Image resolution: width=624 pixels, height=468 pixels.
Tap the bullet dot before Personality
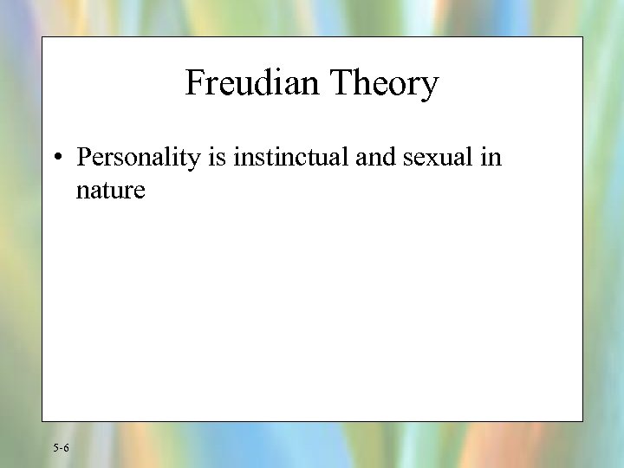click(x=55, y=158)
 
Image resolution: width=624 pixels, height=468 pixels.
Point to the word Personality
click(x=138, y=158)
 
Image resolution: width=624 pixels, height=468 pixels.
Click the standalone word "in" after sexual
click(x=491, y=158)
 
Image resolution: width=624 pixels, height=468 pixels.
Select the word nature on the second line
click(x=110, y=190)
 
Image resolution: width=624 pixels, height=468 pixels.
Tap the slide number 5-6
click(x=61, y=448)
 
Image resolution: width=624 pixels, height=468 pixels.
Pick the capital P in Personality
click(x=83, y=158)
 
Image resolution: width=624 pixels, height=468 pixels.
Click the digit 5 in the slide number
click(x=55, y=448)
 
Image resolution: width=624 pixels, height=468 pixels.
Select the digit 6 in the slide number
click(x=67, y=448)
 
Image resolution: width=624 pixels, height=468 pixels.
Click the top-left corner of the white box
click(x=42, y=37)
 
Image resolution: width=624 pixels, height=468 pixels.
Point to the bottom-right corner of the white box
click(x=582, y=421)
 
